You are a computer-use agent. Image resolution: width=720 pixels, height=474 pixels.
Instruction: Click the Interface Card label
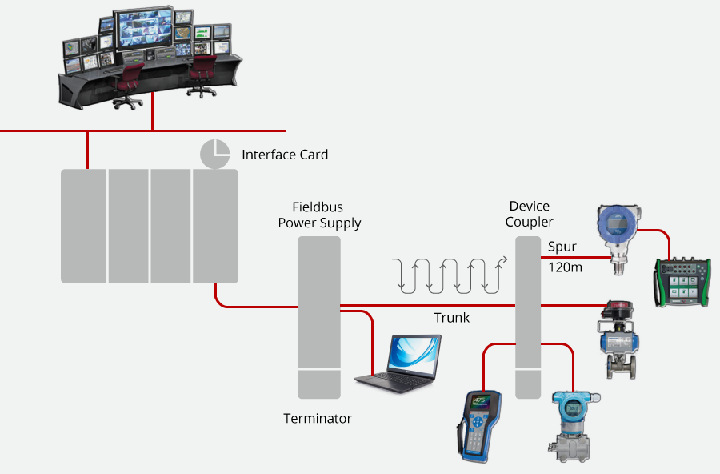(285, 155)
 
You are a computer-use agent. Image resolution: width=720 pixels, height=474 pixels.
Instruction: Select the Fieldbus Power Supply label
(319, 215)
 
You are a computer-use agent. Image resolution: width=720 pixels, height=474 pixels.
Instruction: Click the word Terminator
(318, 419)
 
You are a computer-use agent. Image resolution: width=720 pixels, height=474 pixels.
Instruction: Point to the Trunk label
(452, 318)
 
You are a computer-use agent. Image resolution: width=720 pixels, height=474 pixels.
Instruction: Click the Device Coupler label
(530, 214)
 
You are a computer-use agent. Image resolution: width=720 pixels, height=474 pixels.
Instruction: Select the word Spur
(562, 247)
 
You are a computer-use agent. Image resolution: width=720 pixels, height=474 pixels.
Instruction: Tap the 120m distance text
(565, 267)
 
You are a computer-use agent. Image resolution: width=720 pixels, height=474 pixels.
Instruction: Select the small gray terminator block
(319, 385)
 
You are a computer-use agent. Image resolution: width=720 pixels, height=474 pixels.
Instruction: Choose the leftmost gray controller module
(83, 226)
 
